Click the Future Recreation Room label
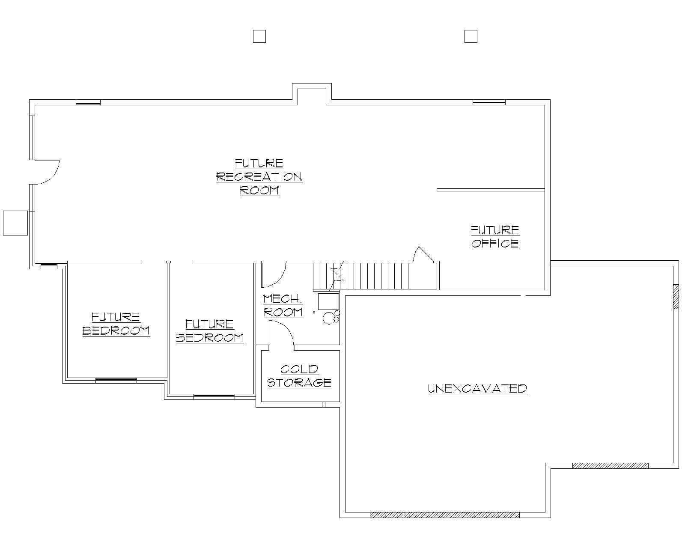point(259,176)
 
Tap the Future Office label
point(495,237)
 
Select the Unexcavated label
point(478,388)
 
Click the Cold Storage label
point(299,376)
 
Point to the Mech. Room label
point(283,306)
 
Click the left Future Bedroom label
point(116,324)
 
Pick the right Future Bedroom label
point(210,331)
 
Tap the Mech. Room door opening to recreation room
point(274,274)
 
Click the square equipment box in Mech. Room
point(328,301)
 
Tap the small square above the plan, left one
point(259,36)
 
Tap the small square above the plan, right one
point(471,36)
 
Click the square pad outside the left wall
point(15,223)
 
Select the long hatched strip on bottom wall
point(444,515)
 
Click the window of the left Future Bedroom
point(116,380)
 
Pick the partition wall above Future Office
point(490,190)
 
